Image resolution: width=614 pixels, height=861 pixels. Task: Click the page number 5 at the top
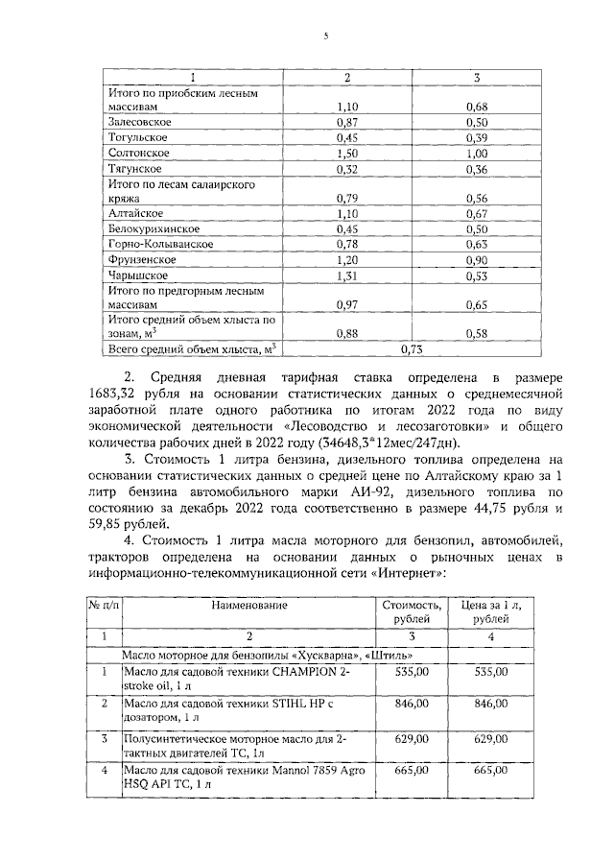(x=325, y=36)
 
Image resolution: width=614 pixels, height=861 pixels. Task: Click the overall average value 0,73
(x=413, y=350)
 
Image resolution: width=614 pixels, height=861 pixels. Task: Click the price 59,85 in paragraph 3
(x=127, y=524)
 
